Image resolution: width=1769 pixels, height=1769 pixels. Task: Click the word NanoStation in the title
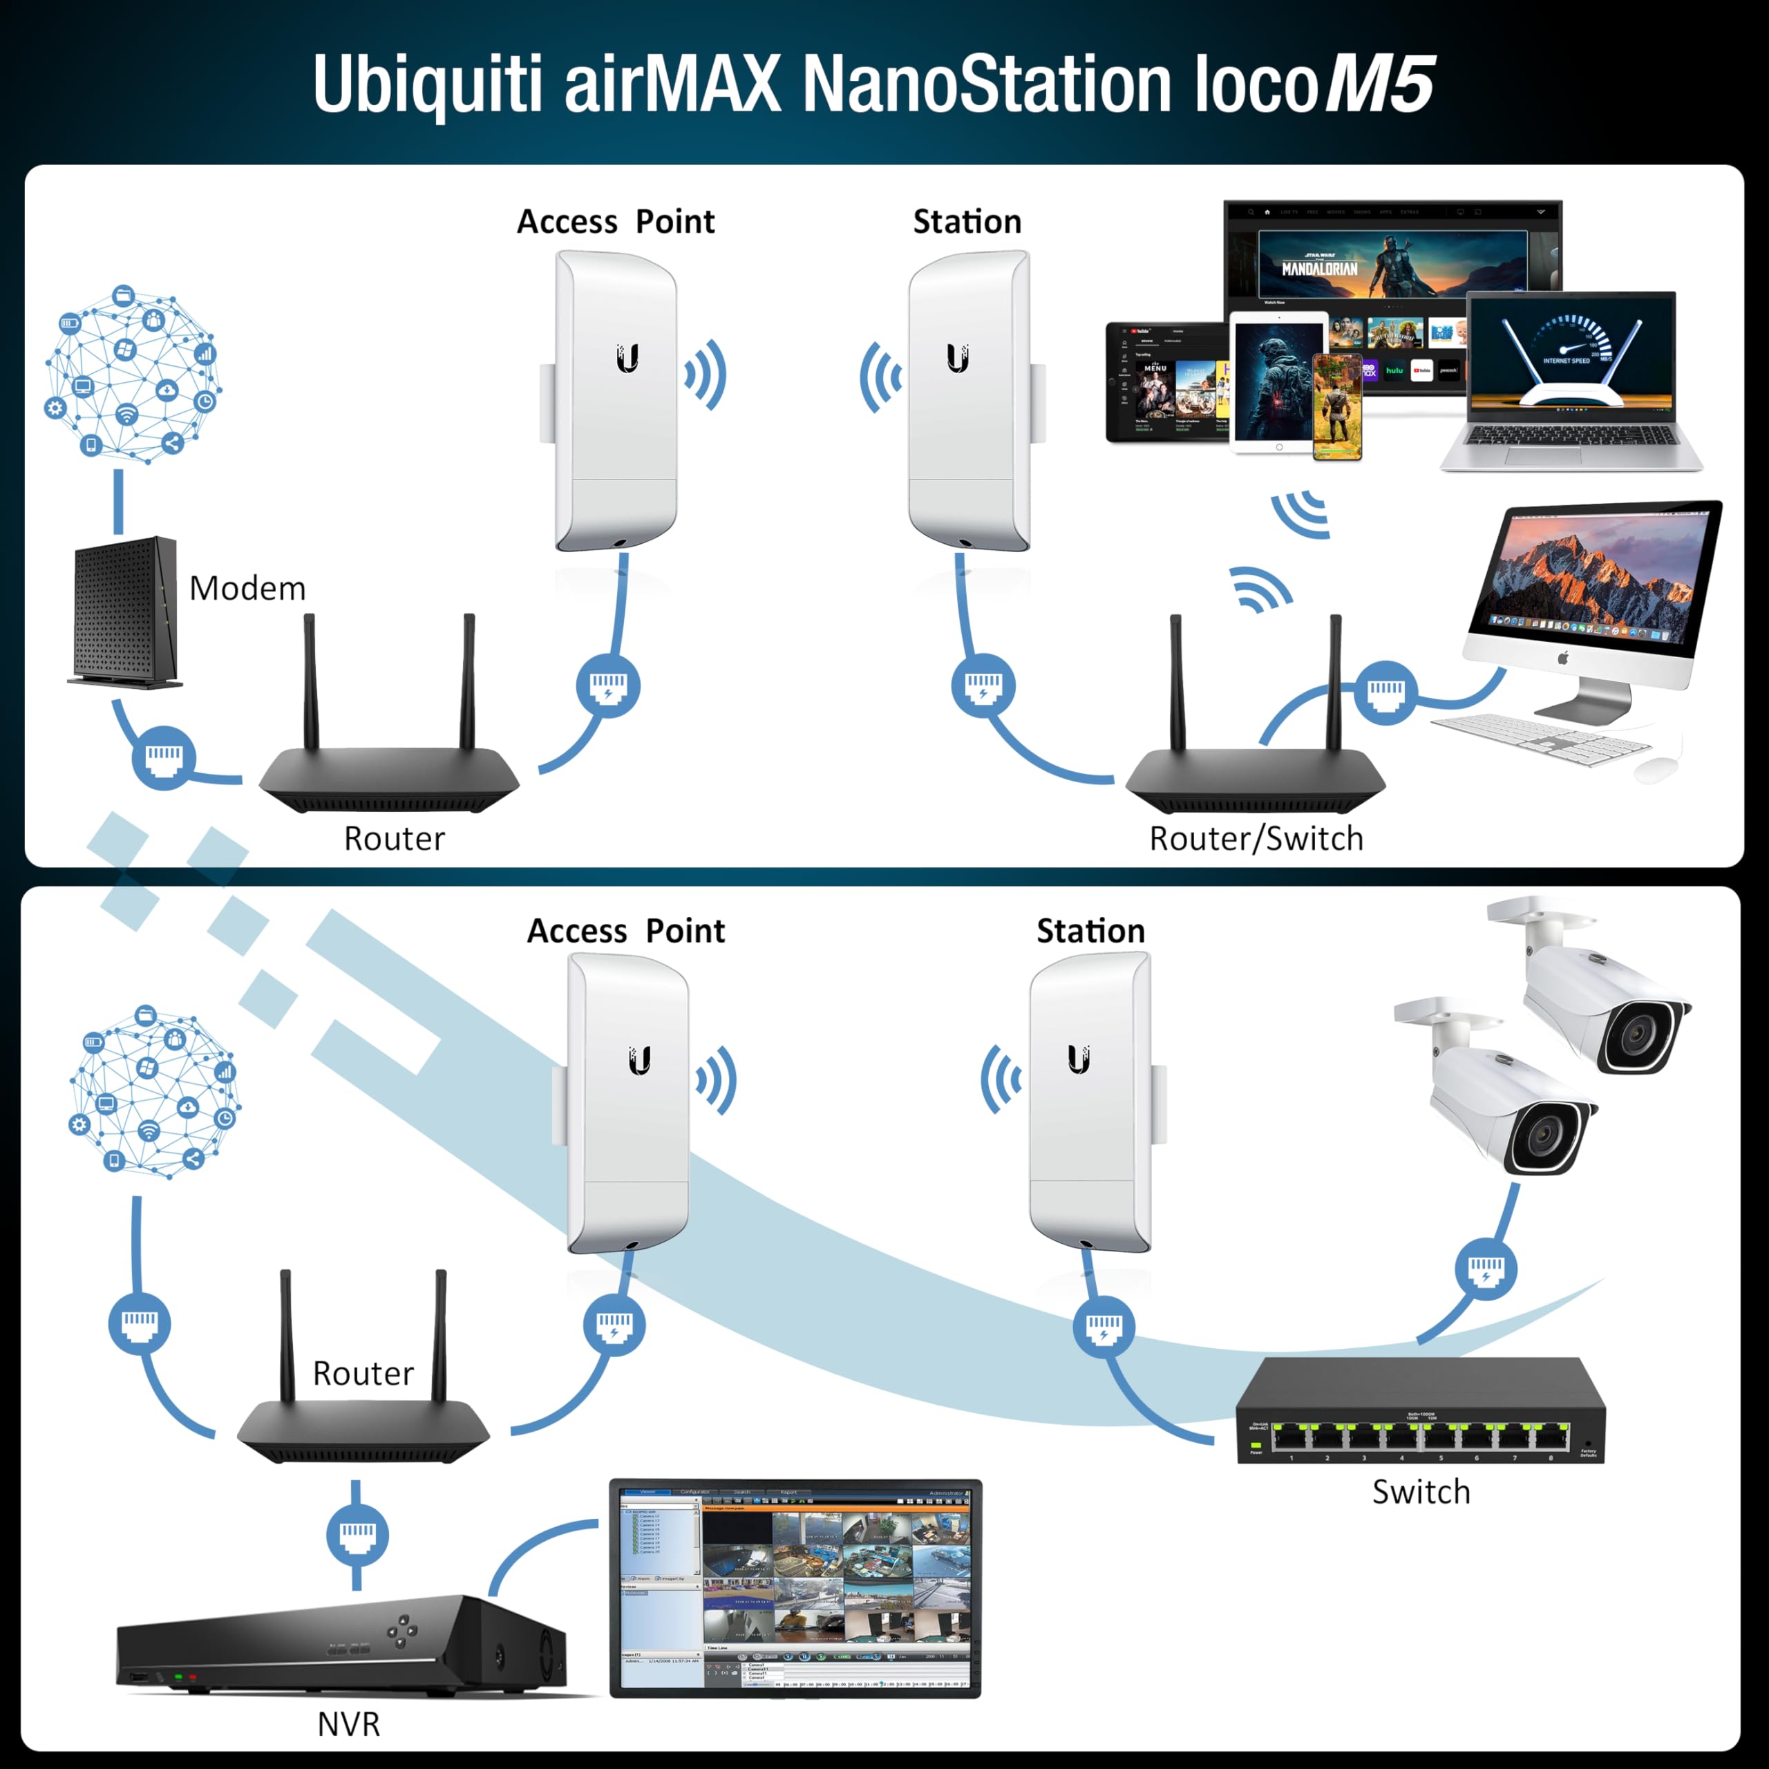tap(987, 84)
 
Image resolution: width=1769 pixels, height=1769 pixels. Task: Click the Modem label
tap(247, 589)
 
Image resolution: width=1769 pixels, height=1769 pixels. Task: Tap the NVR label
tap(348, 1724)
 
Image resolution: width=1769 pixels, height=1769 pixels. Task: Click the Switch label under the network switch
tap(1421, 1492)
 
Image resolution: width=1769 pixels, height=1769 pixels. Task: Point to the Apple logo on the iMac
tap(1564, 657)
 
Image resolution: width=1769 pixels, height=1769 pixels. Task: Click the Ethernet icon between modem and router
tap(164, 756)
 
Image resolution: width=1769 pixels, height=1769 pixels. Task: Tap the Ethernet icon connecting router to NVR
tap(357, 1535)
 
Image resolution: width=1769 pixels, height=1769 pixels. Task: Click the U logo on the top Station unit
tap(958, 358)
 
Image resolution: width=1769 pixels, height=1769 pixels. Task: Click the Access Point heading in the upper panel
tap(615, 222)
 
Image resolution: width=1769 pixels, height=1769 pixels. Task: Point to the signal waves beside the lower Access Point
tap(717, 1081)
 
